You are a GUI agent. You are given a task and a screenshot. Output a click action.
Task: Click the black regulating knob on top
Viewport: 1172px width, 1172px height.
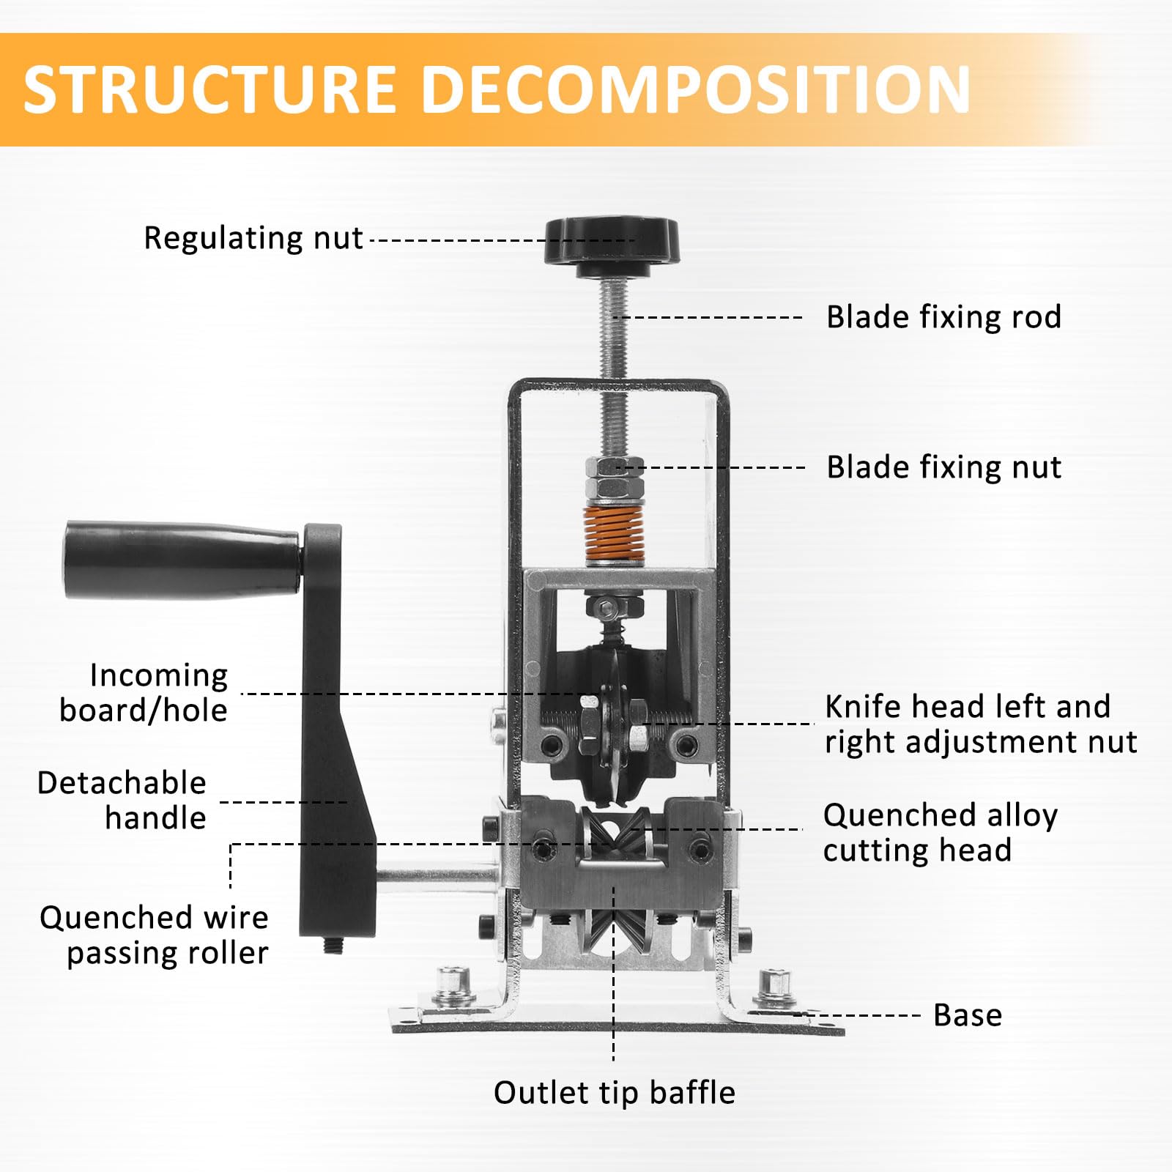point(612,246)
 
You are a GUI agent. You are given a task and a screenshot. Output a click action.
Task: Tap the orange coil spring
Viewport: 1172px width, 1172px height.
point(614,535)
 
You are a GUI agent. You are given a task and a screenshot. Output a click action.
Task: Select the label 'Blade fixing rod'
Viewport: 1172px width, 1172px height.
point(943,317)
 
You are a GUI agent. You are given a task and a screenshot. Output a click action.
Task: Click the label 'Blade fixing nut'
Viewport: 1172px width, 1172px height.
point(943,467)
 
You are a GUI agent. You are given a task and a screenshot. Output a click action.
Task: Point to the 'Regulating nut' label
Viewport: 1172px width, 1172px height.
point(253,238)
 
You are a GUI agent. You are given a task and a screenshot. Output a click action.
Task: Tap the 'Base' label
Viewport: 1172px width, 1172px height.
point(968,1015)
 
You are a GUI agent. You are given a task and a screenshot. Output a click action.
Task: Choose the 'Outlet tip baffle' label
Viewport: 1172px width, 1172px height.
point(615,1093)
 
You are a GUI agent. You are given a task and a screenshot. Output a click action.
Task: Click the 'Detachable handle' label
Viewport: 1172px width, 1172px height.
point(122,801)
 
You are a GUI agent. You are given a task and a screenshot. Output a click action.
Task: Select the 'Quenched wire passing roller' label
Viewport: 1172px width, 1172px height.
point(154,935)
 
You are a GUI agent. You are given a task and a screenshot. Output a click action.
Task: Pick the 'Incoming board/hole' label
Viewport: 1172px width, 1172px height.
point(144,693)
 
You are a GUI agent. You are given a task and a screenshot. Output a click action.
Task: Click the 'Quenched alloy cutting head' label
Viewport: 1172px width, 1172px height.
point(941,833)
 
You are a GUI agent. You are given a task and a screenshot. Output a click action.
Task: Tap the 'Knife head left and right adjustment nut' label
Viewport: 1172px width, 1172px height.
point(981,724)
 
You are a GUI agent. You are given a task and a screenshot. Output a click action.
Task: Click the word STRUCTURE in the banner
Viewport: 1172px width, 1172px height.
point(210,89)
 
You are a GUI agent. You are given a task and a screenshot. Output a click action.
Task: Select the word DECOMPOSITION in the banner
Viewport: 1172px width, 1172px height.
point(697,89)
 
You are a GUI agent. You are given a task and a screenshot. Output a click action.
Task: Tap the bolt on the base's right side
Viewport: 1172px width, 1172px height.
point(775,988)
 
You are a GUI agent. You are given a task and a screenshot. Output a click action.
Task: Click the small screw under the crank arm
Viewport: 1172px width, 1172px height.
point(333,946)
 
